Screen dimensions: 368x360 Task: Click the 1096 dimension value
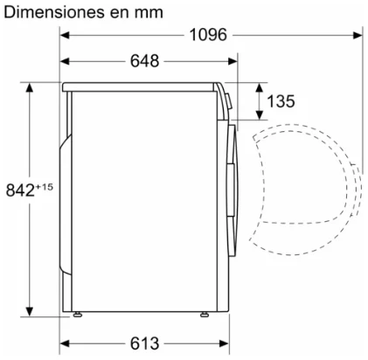pos(208,35)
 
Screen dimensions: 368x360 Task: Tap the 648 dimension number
pos(144,61)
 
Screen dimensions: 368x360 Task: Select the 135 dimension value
pos(281,101)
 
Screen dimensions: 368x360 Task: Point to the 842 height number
pos(20,190)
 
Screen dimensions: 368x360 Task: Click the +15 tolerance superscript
pos(45,187)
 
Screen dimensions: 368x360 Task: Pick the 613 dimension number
pos(144,343)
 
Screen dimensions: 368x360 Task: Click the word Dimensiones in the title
pos(54,12)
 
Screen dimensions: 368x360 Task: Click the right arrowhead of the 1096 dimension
pos(358,35)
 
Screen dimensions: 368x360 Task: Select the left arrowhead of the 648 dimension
pos(65,61)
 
